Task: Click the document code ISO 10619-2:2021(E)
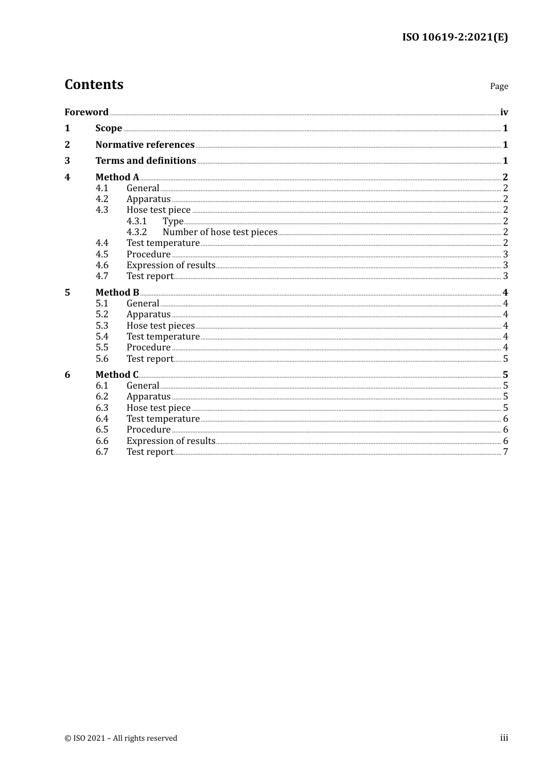tap(455, 37)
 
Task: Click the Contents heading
tap(94, 84)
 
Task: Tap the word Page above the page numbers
tap(499, 86)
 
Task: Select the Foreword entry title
tap(86, 112)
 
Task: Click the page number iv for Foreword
tap(504, 112)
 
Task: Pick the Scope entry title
tap(108, 128)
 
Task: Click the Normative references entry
tap(145, 145)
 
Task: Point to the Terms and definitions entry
tap(145, 161)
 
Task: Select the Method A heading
tap(117, 177)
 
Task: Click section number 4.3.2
tap(136, 232)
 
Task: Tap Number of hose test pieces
tap(220, 232)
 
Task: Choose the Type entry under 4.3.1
tap(173, 221)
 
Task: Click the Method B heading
tap(117, 293)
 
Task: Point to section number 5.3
tap(102, 326)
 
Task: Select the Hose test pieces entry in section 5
tap(160, 326)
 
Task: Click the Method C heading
tap(117, 375)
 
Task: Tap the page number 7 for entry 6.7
tap(505, 452)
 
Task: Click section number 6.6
tap(102, 441)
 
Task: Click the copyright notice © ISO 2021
tap(121, 738)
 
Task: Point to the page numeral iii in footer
tap(504, 738)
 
